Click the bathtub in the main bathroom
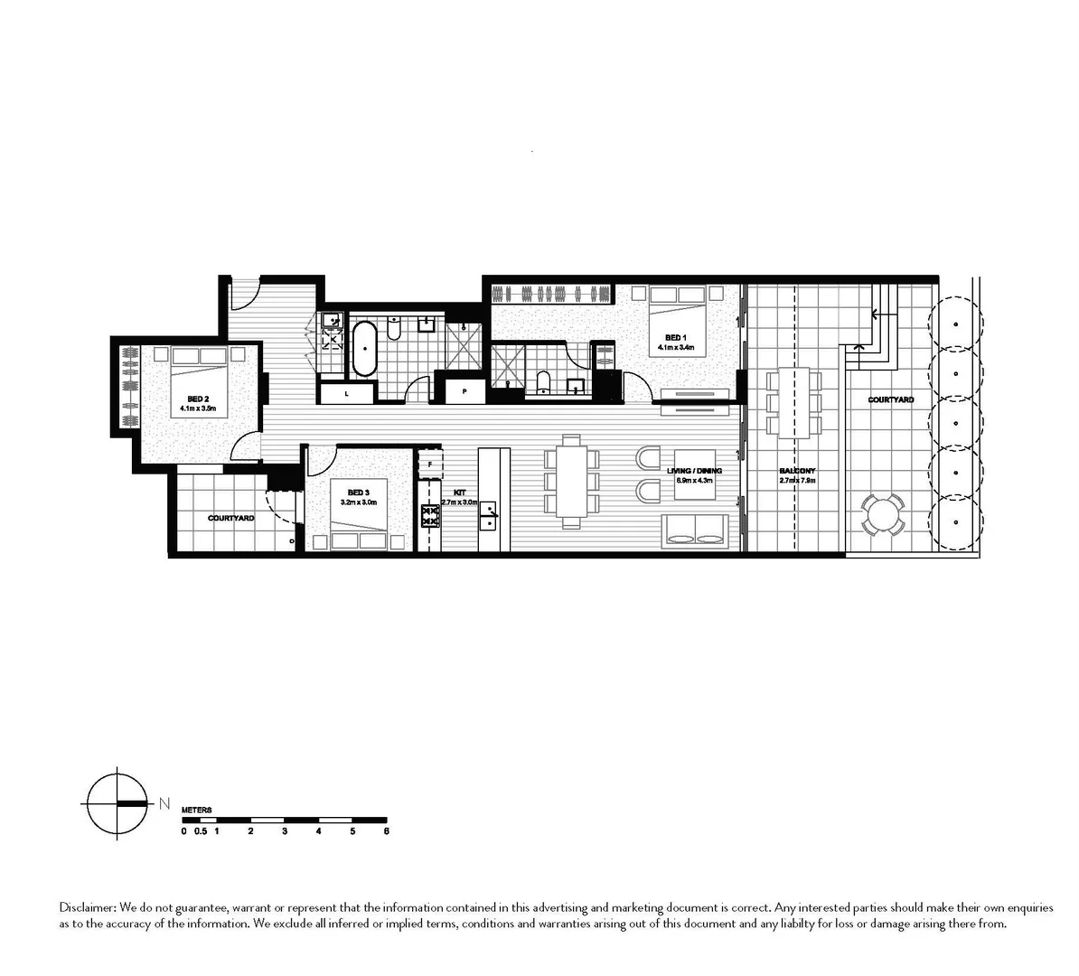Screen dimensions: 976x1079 click(x=364, y=348)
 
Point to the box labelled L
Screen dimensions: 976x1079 click(x=347, y=393)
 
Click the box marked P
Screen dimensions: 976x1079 click(x=464, y=392)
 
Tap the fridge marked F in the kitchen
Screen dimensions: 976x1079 click(x=430, y=465)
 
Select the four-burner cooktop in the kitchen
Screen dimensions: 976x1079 click(x=429, y=516)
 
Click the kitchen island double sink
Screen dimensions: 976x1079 click(x=489, y=516)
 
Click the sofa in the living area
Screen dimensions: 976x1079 click(x=695, y=530)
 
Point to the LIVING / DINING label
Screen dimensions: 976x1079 click(x=694, y=471)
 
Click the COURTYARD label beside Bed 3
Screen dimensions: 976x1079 click(x=230, y=519)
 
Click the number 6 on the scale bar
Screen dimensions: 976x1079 click(x=386, y=831)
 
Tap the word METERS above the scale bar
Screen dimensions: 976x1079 click(x=196, y=811)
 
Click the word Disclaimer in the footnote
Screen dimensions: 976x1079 click(x=86, y=906)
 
